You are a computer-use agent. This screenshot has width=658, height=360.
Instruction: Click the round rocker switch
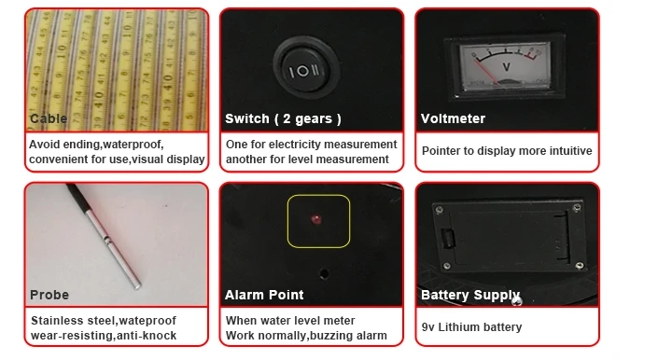pyautogui.click(x=306, y=69)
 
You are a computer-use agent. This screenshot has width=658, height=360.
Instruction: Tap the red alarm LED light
pyautogui.click(x=316, y=219)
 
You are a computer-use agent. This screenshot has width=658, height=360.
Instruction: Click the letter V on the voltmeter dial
pyautogui.click(x=506, y=67)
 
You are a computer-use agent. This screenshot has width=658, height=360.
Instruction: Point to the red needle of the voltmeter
pyautogui.click(x=485, y=70)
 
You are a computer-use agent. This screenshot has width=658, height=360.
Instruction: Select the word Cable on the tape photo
pyautogui.click(x=49, y=118)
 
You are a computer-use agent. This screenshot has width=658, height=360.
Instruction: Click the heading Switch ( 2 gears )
pyautogui.click(x=283, y=118)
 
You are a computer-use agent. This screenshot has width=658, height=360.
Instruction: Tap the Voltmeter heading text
pyautogui.click(x=453, y=118)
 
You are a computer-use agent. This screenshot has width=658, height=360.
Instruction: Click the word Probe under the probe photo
pyautogui.click(x=49, y=295)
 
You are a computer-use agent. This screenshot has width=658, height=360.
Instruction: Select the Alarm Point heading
pyautogui.click(x=264, y=295)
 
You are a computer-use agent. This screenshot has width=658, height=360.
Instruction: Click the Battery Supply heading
pyautogui.click(x=470, y=296)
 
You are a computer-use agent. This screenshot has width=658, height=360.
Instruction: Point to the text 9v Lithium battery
pyautogui.click(x=471, y=327)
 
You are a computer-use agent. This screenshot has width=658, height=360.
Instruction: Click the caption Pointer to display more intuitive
pyautogui.click(x=507, y=151)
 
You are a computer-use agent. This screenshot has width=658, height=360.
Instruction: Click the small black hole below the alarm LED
pyautogui.click(x=324, y=274)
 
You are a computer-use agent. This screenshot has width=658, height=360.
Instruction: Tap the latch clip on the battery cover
pyautogui.click(x=448, y=239)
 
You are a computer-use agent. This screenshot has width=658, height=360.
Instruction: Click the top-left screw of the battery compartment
pyautogui.click(x=439, y=210)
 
